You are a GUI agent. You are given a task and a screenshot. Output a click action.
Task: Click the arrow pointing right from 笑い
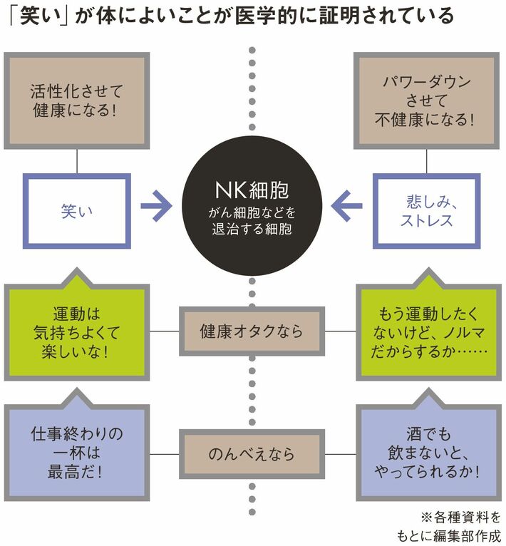pyautogui.click(x=156, y=207)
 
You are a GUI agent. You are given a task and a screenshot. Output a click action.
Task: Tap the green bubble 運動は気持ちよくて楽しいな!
pyautogui.click(x=76, y=332)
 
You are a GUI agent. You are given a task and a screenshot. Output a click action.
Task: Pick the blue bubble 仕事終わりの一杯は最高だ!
pyautogui.click(x=76, y=453)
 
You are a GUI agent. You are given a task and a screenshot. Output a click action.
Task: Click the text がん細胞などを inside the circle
pyautogui.click(x=252, y=213)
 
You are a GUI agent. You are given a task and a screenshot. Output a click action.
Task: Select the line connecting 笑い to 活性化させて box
pyautogui.click(x=76, y=162)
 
